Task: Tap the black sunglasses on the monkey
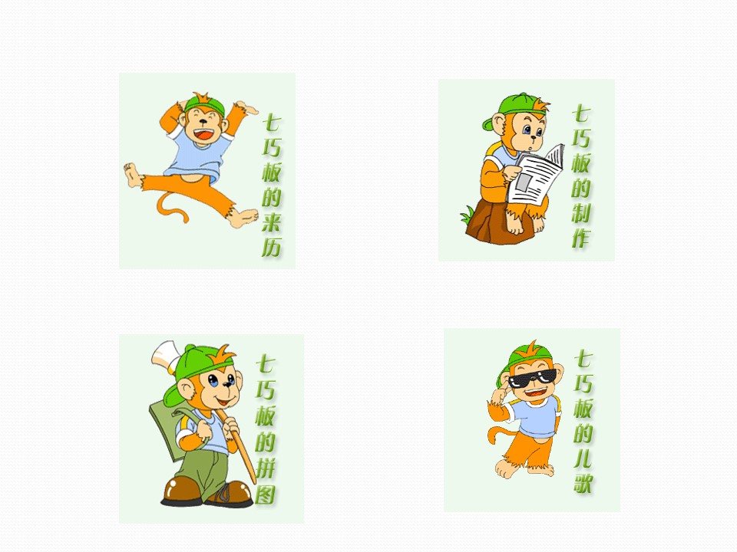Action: click(x=532, y=378)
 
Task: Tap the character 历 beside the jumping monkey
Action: click(x=272, y=246)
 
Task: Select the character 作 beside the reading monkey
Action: click(x=581, y=237)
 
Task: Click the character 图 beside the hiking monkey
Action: click(x=266, y=494)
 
